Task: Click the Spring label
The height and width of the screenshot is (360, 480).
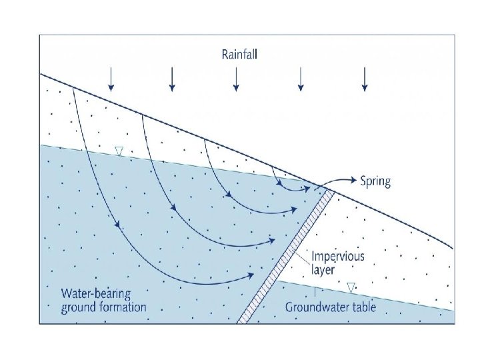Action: [375, 181]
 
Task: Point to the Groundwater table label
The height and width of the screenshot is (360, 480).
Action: [330, 307]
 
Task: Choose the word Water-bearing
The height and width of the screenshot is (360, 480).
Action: [96, 293]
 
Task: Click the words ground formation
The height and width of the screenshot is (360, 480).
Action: [103, 307]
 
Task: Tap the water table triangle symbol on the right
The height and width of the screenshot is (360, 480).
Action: [351, 287]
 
